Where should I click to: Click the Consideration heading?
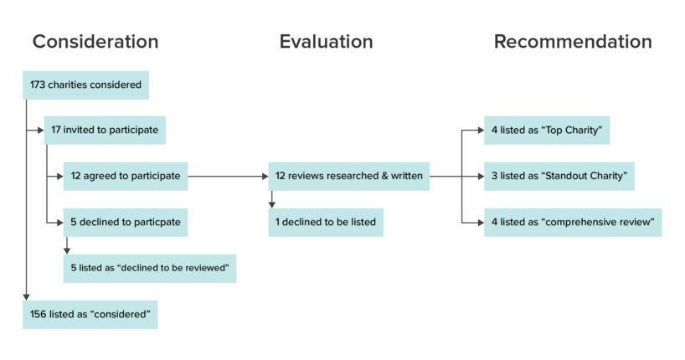point(95,42)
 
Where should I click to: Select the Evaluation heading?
point(326,42)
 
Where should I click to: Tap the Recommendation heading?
point(573,42)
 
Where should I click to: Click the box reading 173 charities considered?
point(86,85)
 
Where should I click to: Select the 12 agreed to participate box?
point(126,177)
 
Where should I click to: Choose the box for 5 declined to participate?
point(126,223)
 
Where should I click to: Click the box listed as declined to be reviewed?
point(150,268)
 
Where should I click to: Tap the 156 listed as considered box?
point(90,314)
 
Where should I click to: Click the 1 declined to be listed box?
point(326,223)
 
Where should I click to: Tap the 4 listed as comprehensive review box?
point(573,223)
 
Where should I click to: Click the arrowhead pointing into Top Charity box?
point(478,131)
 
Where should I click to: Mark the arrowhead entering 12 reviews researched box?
point(262,177)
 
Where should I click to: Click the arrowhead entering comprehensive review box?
point(478,223)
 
